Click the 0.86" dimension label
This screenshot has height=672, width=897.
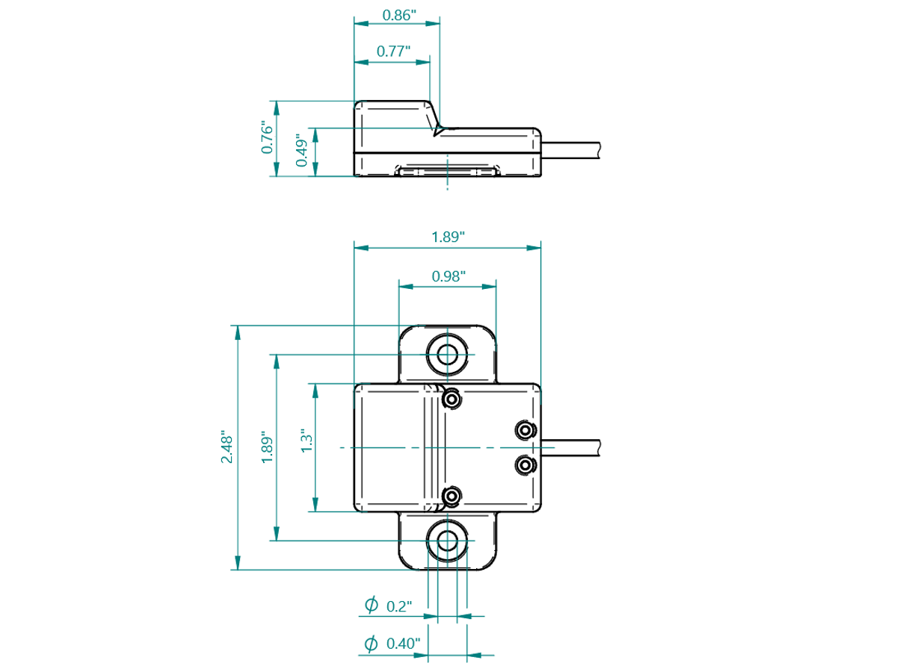(x=398, y=14)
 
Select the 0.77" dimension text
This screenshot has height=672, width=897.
(x=394, y=52)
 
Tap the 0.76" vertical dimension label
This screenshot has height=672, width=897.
(x=267, y=137)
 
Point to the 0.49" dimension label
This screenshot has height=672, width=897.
(x=301, y=152)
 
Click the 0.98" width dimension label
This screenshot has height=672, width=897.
(x=449, y=276)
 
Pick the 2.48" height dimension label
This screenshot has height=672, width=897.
(x=226, y=446)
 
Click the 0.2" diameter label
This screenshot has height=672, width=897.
(x=400, y=606)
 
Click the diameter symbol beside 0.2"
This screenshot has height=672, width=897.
(x=370, y=606)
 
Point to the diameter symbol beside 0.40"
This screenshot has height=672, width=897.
(x=370, y=643)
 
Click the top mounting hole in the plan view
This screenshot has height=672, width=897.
(x=449, y=354)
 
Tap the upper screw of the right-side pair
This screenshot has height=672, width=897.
(x=525, y=430)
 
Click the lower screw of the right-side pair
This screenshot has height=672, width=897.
(x=525, y=466)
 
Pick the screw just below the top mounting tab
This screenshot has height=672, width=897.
(x=450, y=400)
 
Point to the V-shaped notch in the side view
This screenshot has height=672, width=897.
(x=437, y=130)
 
